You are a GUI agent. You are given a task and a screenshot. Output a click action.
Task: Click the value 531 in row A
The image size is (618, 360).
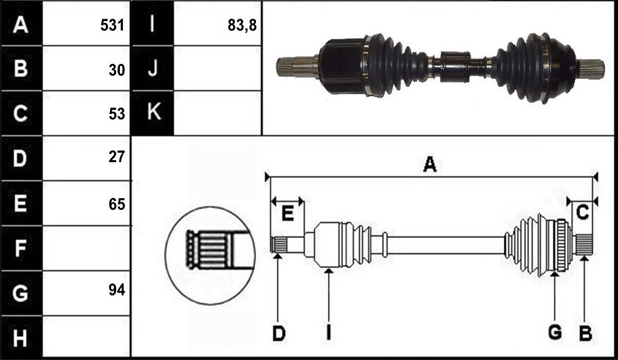coord(112,25)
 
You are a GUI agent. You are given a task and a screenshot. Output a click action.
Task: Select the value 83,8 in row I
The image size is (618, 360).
coord(242,25)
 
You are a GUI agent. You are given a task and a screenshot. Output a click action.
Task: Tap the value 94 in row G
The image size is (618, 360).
coord(117,290)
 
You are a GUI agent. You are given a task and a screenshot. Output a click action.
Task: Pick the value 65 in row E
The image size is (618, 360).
coord(117,204)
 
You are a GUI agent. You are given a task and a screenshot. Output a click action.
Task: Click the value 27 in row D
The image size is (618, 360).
coord(117,157)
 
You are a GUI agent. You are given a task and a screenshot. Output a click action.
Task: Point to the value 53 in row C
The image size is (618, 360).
coord(117,114)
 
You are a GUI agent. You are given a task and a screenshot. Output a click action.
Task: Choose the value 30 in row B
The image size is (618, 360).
coord(117,70)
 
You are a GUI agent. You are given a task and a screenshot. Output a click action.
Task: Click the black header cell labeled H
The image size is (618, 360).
coord(22,338)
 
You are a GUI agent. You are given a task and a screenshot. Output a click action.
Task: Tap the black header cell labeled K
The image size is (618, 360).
coord(152,113)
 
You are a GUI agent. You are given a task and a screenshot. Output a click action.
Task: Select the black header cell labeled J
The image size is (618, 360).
coord(152,68)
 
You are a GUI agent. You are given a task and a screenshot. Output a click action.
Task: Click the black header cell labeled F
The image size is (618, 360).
coord(22,248)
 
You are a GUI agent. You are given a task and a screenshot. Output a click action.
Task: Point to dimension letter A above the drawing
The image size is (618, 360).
coord(430,164)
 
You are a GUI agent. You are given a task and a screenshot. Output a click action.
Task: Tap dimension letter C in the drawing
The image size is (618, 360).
coord(582,212)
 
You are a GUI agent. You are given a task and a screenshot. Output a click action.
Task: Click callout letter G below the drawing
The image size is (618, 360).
coord(555,333)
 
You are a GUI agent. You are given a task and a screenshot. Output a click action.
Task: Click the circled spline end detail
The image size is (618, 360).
coord(210,256)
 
